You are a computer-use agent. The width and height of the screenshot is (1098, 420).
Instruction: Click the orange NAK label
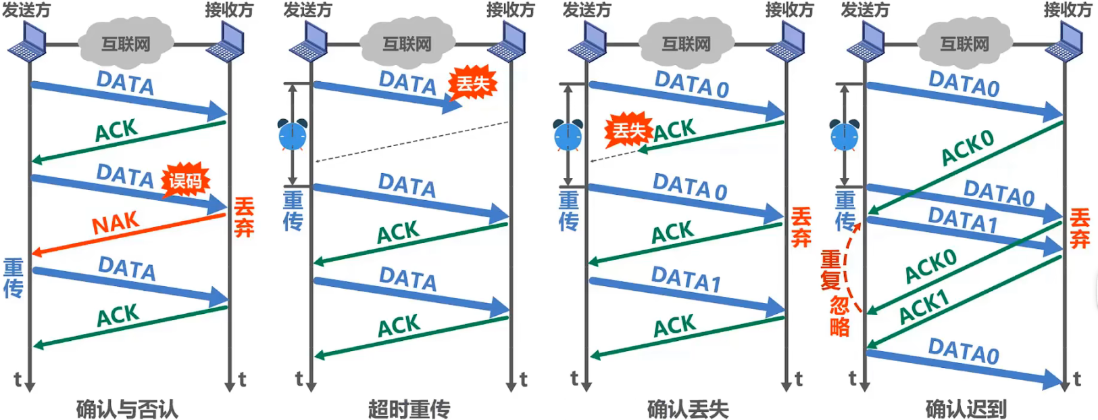click(116, 224)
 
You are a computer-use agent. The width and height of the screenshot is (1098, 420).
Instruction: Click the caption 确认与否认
click(126, 409)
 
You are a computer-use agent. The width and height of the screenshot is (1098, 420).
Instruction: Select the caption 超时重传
click(409, 409)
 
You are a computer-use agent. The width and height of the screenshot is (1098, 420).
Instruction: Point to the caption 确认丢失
click(688, 409)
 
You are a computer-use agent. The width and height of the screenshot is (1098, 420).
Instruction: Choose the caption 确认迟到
click(966, 409)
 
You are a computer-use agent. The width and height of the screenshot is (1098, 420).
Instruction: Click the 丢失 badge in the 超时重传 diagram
click(472, 85)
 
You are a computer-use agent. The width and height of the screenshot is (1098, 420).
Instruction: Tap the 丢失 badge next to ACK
click(628, 131)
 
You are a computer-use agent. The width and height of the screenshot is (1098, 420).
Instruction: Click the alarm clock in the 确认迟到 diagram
click(844, 135)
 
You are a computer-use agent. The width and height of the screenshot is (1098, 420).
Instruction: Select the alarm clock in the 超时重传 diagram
click(293, 135)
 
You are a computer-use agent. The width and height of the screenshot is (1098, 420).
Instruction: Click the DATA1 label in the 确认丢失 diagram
click(686, 279)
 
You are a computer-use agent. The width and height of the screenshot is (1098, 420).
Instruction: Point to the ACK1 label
click(924, 306)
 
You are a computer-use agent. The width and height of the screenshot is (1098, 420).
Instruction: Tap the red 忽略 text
click(839, 316)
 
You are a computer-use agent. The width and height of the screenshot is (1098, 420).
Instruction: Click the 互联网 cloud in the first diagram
click(126, 44)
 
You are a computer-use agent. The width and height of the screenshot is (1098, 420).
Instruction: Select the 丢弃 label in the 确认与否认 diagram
click(244, 217)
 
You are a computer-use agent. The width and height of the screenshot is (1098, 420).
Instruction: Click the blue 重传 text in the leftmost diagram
click(13, 278)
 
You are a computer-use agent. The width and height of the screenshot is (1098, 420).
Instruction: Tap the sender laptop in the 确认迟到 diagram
click(865, 42)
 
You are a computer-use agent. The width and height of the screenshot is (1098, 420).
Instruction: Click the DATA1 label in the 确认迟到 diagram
click(962, 220)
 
